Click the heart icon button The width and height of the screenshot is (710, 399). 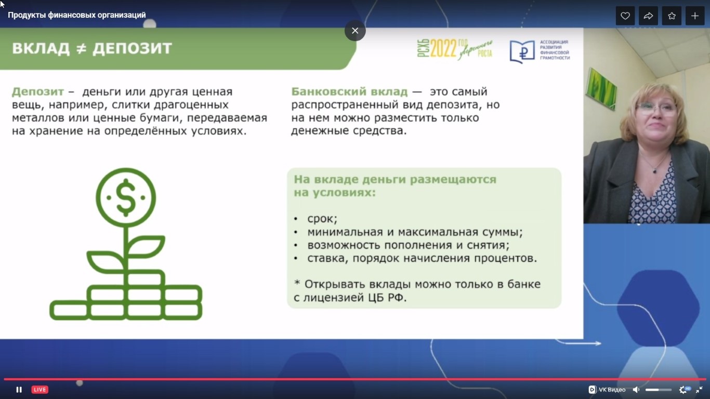pos(625,16)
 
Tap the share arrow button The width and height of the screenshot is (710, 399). pos(648,16)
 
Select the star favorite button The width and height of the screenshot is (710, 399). pos(672,16)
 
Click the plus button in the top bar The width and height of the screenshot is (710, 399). pos(695,16)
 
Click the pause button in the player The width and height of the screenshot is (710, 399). pos(19,390)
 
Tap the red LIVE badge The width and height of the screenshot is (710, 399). pos(40,390)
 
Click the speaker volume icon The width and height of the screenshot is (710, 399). pos(636,390)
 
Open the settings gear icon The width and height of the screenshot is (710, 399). pos(683,390)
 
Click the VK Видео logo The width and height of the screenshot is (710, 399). pos(607,390)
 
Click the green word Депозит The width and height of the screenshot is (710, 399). pos(38,91)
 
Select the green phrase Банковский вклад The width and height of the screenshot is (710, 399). pos(349,91)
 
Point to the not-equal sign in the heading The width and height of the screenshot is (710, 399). pos(81,48)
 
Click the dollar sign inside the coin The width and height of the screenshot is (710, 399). pos(126,197)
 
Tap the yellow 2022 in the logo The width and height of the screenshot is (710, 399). pos(443,48)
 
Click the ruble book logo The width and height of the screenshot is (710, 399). pos(522,51)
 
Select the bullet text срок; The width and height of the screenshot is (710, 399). pos(322,219)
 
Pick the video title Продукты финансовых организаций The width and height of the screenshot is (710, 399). pos(77,15)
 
